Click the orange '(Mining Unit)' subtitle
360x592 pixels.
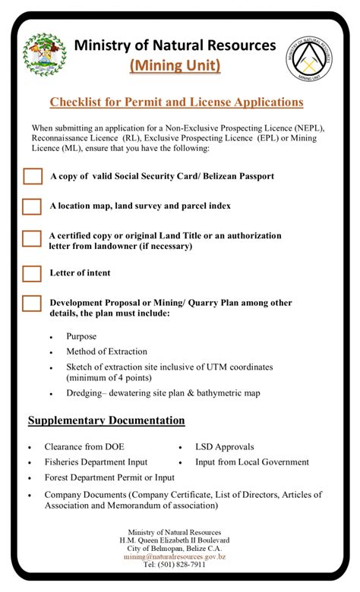point(175,66)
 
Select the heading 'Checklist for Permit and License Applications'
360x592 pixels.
point(176,102)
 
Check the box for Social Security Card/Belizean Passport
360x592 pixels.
point(32,176)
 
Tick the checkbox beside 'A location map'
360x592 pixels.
point(32,206)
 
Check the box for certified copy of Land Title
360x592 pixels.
point(32,238)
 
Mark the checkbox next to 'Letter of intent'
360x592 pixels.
point(32,273)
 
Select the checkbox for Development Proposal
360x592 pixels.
point(32,303)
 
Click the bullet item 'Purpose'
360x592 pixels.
point(81,335)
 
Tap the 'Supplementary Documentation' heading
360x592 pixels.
point(106,420)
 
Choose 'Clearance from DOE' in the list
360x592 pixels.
point(84,447)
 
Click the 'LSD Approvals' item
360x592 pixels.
point(224,447)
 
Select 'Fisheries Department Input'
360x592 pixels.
point(96,461)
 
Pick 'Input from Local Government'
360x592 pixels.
point(251,461)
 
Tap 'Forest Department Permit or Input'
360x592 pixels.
point(109,477)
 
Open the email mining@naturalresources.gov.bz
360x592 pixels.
point(175,556)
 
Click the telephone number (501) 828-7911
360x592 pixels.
point(175,565)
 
